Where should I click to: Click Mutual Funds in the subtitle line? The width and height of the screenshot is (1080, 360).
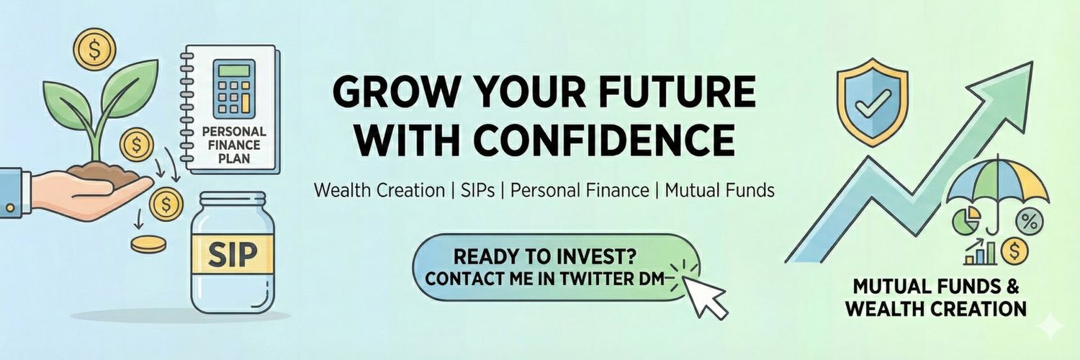click(x=719, y=191)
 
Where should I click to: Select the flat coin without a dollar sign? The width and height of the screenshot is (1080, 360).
click(x=148, y=244)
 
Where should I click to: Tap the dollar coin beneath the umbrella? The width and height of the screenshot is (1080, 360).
click(x=1015, y=251)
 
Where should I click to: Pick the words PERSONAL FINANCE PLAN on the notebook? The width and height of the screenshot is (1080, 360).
click(x=235, y=145)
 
